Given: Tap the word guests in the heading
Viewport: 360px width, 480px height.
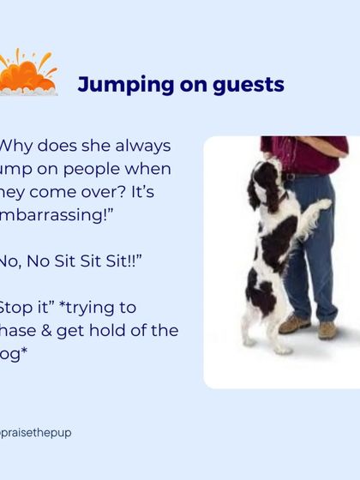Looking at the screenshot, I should [249, 85].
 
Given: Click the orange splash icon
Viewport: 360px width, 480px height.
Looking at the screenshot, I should [27, 74].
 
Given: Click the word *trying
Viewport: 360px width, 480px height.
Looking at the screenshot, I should [106, 307].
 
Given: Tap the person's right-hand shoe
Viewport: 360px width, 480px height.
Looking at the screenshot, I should [327, 329].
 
